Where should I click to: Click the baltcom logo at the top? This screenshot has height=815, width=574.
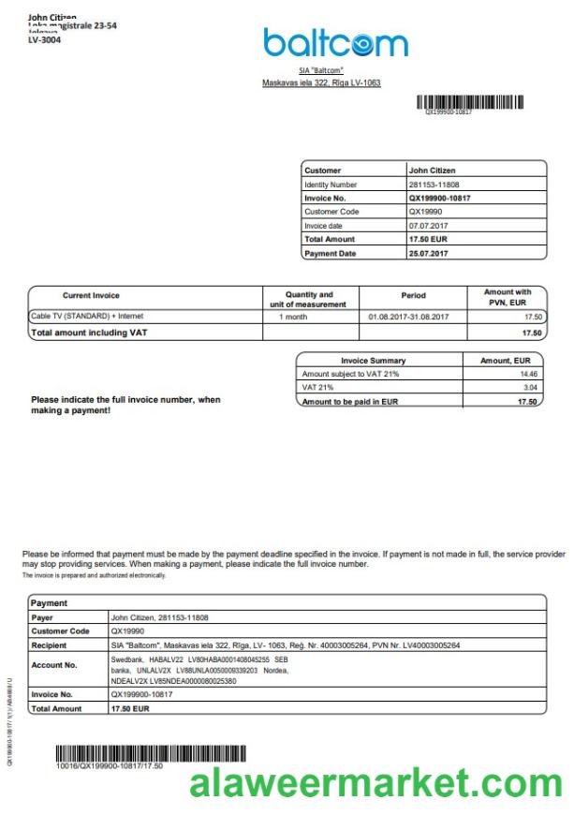335,43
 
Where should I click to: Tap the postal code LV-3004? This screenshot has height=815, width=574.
45,40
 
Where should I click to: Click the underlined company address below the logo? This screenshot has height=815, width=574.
321,83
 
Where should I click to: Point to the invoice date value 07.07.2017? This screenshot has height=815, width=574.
429,226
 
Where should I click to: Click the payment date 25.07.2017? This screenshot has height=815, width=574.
429,253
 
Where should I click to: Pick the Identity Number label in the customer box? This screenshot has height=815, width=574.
331,185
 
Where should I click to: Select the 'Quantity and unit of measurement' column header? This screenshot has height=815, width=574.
308,299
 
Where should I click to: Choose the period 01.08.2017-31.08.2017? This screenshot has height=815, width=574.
409,317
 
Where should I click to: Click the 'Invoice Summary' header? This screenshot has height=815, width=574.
374,360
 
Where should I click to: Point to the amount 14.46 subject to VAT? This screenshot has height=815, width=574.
528,374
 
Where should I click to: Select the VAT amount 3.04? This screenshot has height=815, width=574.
529,387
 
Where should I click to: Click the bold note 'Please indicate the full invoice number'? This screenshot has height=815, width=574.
125,405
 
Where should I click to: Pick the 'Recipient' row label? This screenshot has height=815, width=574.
49,645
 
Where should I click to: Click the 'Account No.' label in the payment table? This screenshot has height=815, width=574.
53,665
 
